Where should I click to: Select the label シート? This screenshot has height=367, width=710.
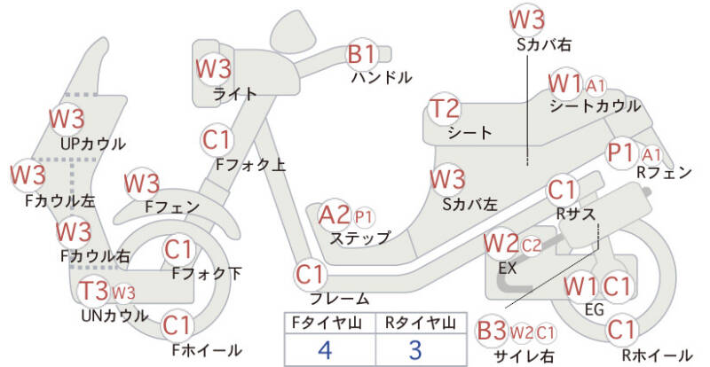point(469,133)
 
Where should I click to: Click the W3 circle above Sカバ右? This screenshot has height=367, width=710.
point(528,20)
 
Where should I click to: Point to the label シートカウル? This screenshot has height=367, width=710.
point(595,106)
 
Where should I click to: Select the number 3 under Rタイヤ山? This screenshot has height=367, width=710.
point(416,348)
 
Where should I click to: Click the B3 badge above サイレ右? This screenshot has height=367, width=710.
point(492,332)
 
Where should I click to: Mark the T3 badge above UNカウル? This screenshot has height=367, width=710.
point(93,291)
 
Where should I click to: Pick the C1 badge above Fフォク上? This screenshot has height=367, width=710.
point(217,140)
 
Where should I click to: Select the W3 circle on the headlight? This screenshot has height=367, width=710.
point(213,68)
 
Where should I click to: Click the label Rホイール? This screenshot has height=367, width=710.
point(657,355)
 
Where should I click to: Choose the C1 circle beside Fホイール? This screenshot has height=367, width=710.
point(178,325)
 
